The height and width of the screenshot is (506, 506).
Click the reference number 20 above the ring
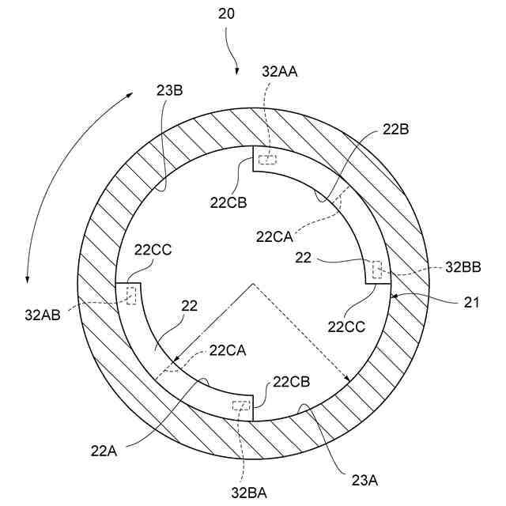click(x=228, y=14)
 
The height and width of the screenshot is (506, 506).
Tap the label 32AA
click(x=280, y=71)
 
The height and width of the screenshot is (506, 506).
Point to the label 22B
click(x=395, y=128)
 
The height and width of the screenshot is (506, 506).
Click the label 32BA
click(x=248, y=492)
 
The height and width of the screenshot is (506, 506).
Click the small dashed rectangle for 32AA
click(x=269, y=159)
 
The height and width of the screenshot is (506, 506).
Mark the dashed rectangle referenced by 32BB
click(x=378, y=270)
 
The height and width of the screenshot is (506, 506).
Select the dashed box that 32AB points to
click(x=130, y=296)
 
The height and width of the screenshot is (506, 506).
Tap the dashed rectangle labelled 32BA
click(x=240, y=406)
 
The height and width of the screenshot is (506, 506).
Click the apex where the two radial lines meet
click(x=253, y=283)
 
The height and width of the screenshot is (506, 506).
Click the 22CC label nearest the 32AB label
click(x=153, y=251)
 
